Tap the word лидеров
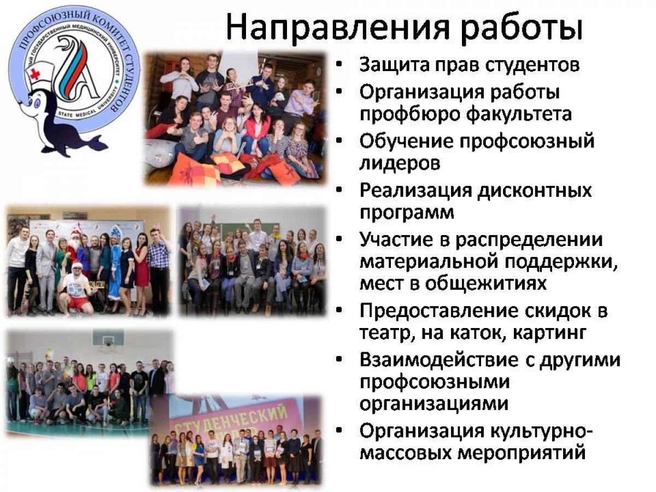click(400, 163)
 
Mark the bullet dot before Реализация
click(339, 190)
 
